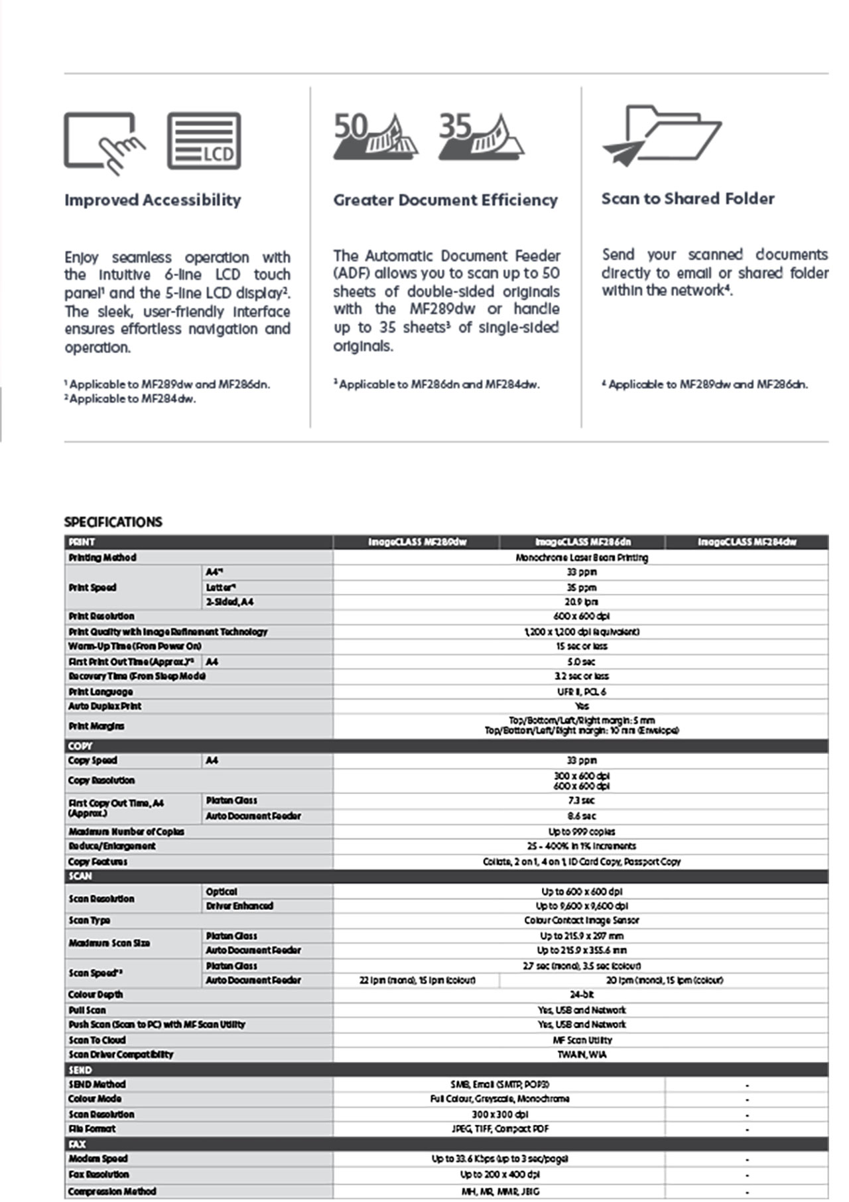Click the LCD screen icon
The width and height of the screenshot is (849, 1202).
coord(204,141)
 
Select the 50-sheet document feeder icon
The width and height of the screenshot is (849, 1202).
coord(375,137)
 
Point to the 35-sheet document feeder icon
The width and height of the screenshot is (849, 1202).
coord(481,137)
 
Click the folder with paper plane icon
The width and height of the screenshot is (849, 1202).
coord(661,135)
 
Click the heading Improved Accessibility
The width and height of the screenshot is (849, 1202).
coord(153,200)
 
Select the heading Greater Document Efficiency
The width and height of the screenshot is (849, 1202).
coord(445,200)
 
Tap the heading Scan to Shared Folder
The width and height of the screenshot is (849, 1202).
coord(688,198)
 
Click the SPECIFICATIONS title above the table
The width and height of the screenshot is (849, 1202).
coord(113,522)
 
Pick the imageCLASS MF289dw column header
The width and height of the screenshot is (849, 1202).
coord(417,542)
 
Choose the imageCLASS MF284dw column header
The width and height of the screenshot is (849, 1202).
coord(747,542)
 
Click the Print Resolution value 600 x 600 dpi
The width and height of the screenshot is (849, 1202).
coord(581,616)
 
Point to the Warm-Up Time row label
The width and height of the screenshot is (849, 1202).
coord(135,646)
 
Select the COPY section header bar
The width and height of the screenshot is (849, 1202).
coord(446,745)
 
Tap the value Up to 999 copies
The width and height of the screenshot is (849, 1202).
coord(581,832)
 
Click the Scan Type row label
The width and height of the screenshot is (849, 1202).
coord(90,920)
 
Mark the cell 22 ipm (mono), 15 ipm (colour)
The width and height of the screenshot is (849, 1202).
coord(417,980)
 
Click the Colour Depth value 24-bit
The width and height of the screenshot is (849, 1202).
coord(581,994)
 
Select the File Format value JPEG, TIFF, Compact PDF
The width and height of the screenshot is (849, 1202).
coord(499,1128)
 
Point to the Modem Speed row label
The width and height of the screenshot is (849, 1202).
coord(98,1158)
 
